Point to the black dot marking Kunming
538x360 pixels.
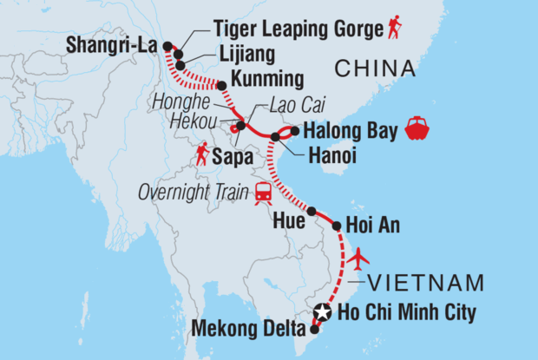[x=221, y=86]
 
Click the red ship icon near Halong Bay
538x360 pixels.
[x=418, y=130]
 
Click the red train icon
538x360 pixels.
[x=262, y=194]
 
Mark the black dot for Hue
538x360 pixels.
[x=311, y=211]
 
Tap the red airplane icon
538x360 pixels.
[x=358, y=258]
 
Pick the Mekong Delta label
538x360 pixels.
[x=251, y=329]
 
